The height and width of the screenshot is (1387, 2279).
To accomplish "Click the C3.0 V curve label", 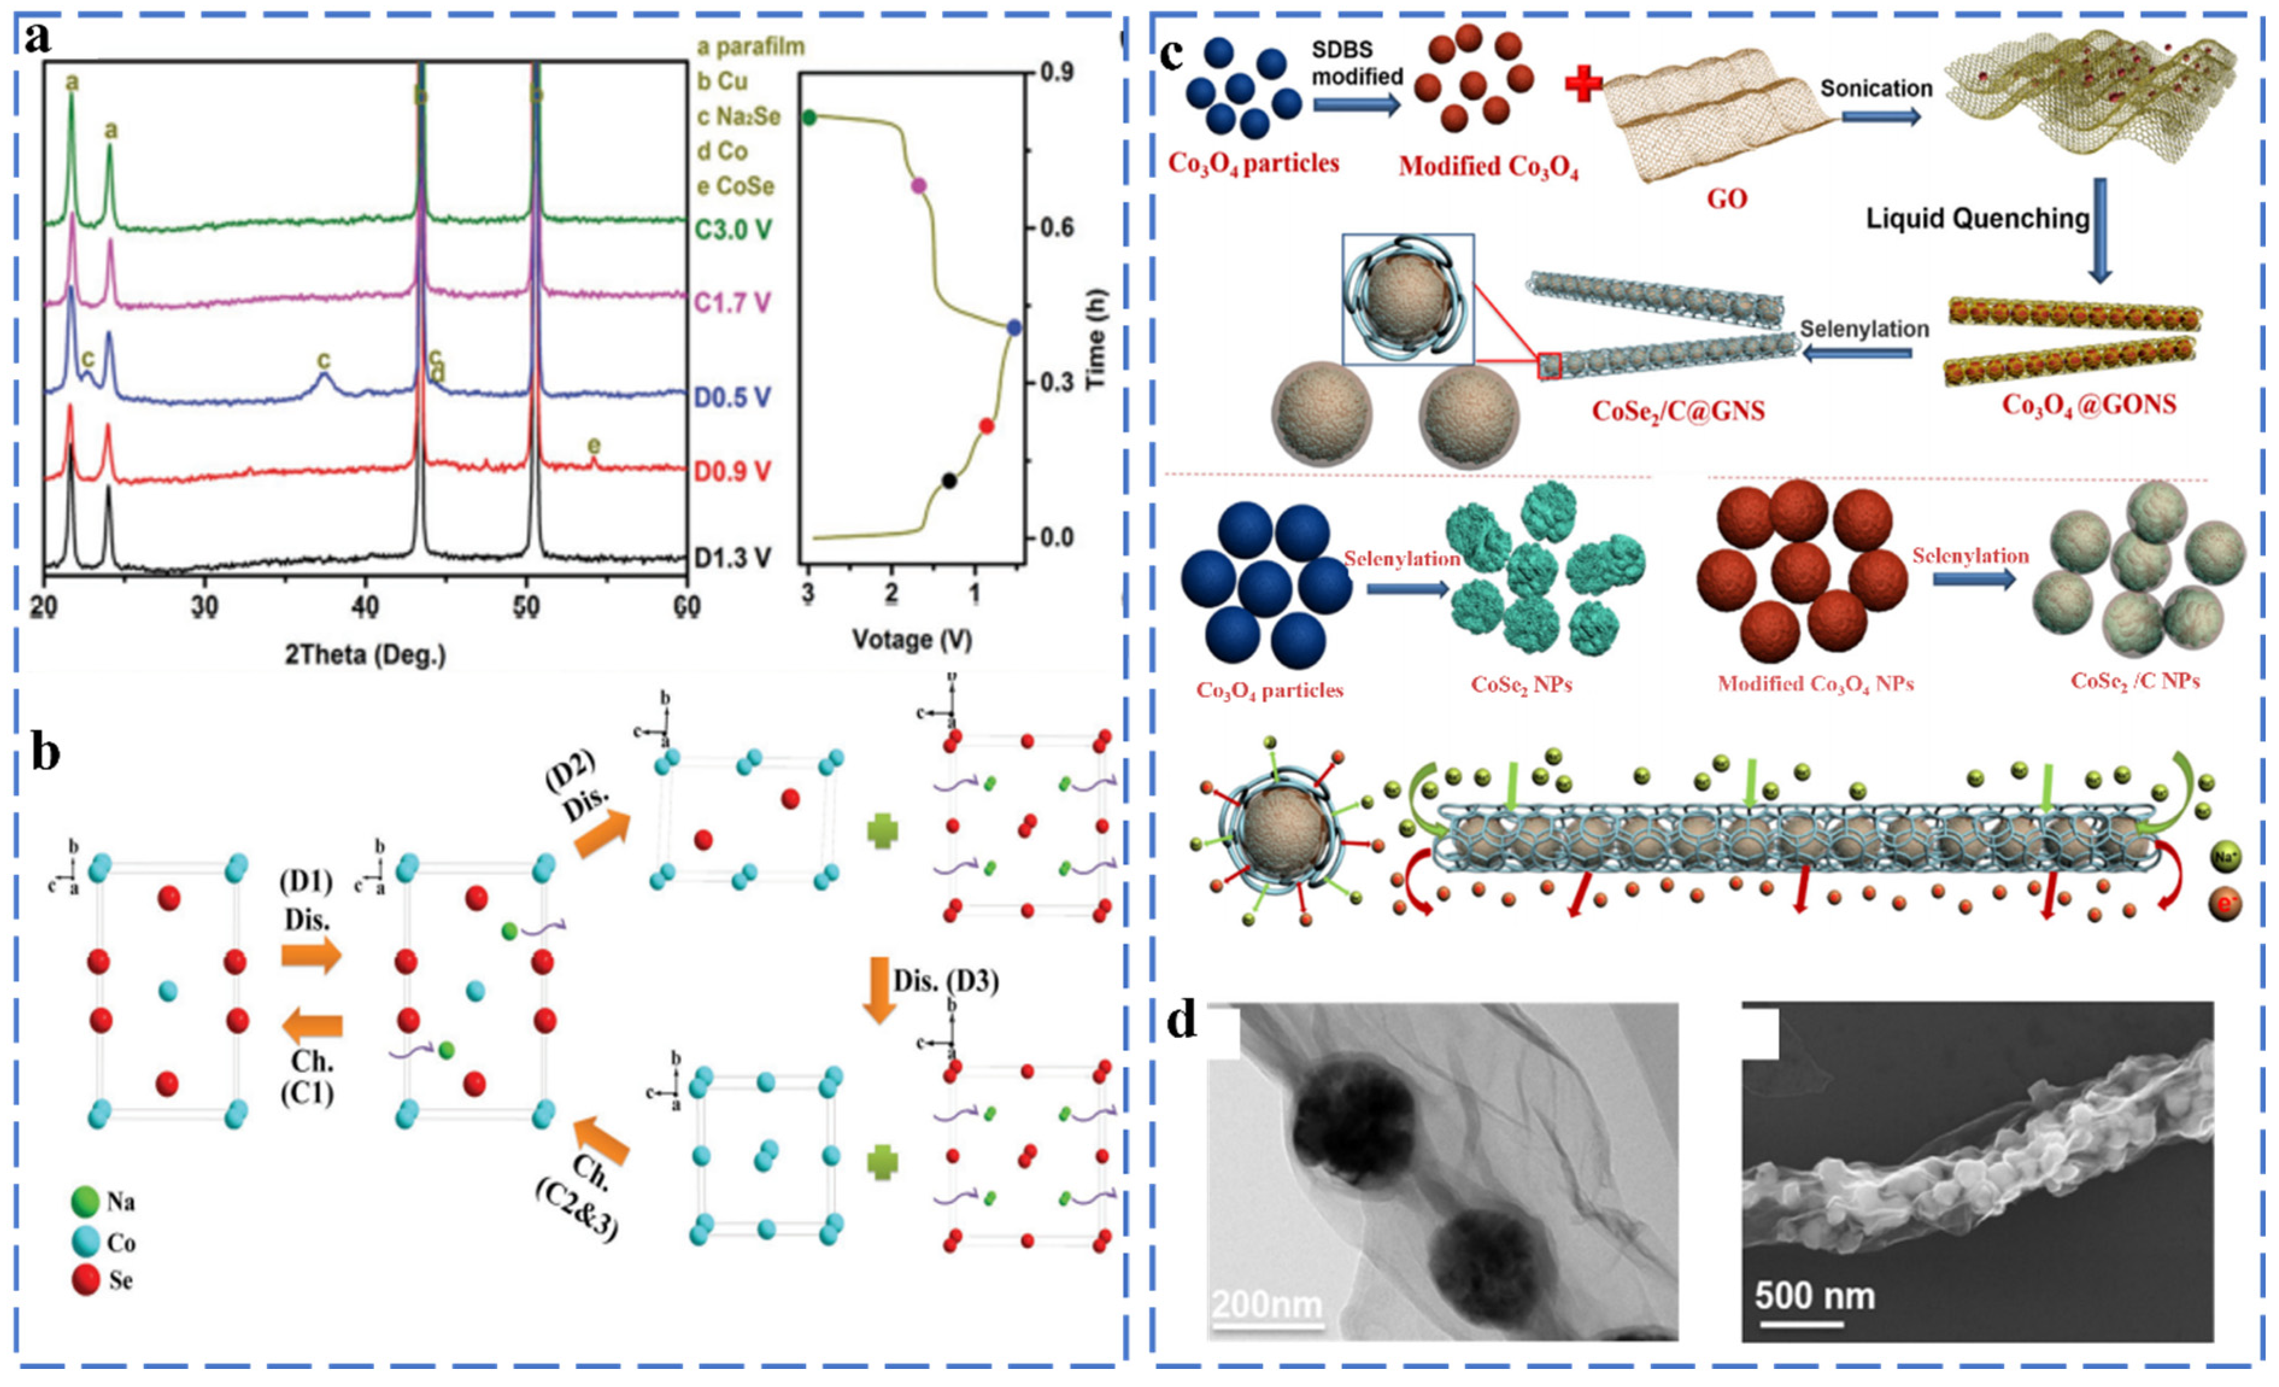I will [x=732, y=230].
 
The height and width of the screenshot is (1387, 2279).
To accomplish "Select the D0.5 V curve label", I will [x=732, y=398].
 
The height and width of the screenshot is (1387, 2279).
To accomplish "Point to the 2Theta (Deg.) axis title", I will [x=365, y=655].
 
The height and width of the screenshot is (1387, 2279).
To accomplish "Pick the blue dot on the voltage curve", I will [x=1014, y=327].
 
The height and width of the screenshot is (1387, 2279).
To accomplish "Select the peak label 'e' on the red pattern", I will [x=594, y=447].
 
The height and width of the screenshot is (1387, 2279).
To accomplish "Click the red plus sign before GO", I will [x=1583, y=85].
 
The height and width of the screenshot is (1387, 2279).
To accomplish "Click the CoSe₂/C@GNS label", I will [x=1678, y=411].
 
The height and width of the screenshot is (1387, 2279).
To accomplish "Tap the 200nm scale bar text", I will [x=1267, y=1304].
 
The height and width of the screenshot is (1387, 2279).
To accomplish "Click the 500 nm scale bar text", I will [x=1815, y=1295].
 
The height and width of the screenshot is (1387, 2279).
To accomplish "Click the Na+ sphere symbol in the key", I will [x=2225, y=857].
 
